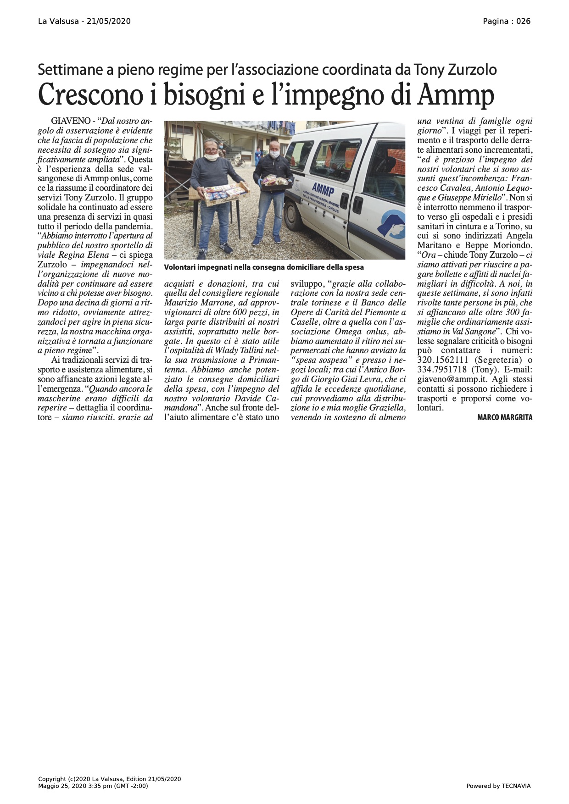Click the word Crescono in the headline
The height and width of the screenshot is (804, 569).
[88, 95]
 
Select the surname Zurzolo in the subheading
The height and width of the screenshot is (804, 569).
[472, 70]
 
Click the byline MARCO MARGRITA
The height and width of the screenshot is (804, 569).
[505, 417]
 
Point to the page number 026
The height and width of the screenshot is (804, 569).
[524, 21]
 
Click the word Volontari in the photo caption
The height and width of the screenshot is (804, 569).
[181, 267]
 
